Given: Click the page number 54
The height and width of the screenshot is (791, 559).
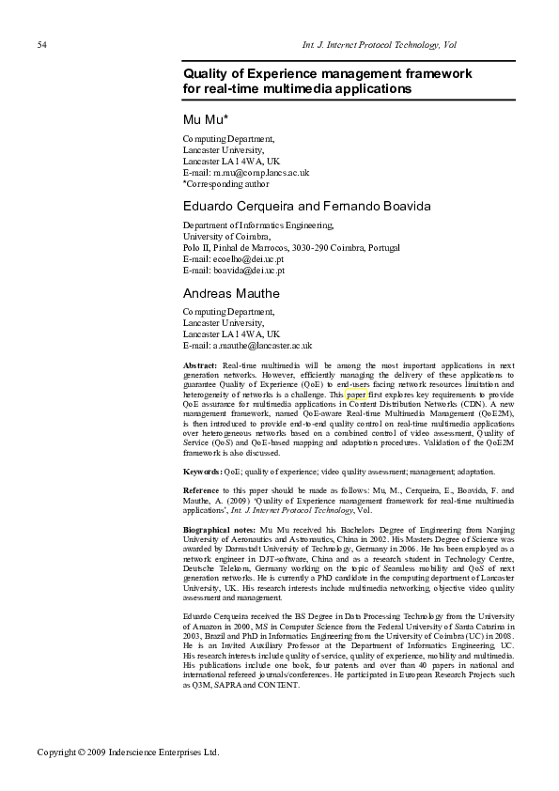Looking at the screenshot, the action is tap(42, 45).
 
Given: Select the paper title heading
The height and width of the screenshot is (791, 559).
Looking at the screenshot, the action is tap(327, 81).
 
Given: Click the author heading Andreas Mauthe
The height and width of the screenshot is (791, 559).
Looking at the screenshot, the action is tap(231, 293).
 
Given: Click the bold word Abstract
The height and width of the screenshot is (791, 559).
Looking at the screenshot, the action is tap(200, 364).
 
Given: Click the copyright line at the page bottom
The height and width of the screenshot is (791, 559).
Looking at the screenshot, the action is tap(128, 752).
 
